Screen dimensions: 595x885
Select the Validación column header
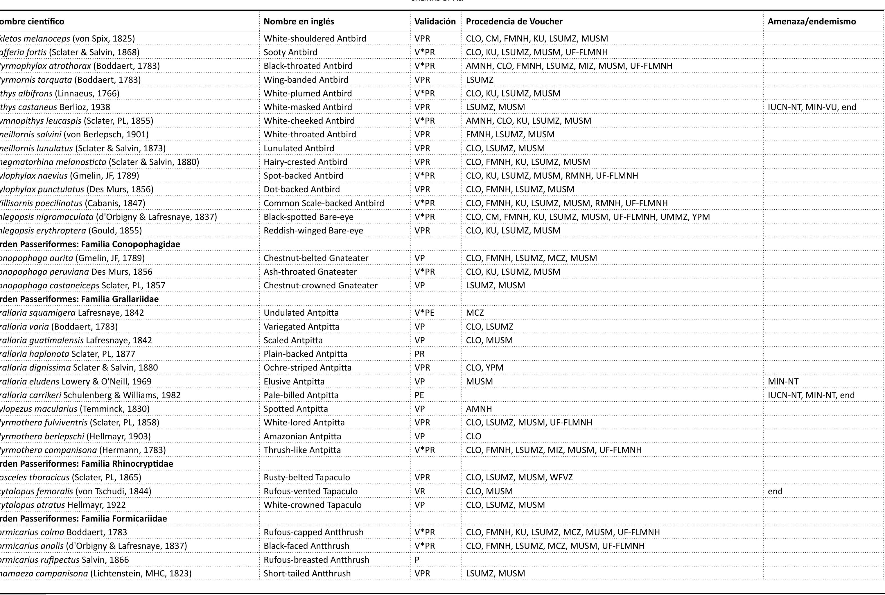pyautogui.click(x=435, y=21)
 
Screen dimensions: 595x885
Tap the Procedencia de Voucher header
pyautogui.click(x=514, y=21)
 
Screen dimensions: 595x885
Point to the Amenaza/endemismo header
pyautogui.click(x=812, y=21)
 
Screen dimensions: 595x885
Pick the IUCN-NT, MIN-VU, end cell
pyautogui.click(x=812, y=107)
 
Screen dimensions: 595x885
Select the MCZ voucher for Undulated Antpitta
pyautogui.click(x=475, y=313)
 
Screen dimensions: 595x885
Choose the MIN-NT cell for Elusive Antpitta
pyautogui.click(x=783, y=381)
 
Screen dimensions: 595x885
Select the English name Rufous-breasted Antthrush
pyautogui.click(x=316, y=560)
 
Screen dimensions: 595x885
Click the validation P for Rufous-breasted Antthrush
pyautogui.click(x=417, y=560)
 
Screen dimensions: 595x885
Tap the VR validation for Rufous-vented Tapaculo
pyautogui.click(x=420, y=491)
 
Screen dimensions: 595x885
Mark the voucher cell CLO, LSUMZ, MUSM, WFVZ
pyautogui.click(x=519, y=477)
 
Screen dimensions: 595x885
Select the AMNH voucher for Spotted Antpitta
pyautogui.click(x=479, y=409)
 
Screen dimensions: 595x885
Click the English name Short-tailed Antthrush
pyautogui.click(x=307, y=574)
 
